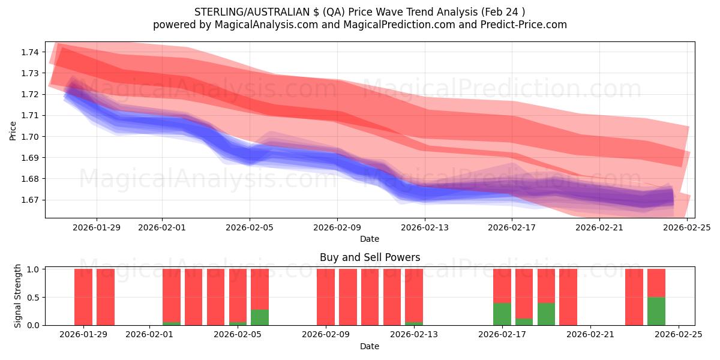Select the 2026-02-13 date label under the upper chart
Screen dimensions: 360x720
click(x=425, y=227)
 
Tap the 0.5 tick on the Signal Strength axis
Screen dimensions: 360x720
click(x=33, y=297)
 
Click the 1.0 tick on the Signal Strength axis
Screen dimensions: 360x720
click(x=33, y=269)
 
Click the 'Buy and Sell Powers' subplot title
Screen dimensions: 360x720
click(x=370, y=257)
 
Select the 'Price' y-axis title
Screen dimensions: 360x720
click(x=13, y=130)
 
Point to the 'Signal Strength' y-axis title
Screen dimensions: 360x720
click(x=18, y=296)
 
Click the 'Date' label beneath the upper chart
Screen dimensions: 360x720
click(x=370, y=239)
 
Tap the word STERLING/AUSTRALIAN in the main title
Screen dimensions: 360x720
click(x=243, y=12)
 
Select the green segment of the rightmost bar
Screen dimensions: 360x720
click(x=656, y=311)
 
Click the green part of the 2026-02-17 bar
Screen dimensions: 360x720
click(x=502, y=314)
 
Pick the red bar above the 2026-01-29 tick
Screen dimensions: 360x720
click(x=83, y=297)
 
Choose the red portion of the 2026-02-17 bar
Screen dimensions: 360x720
click(x=502, y=286)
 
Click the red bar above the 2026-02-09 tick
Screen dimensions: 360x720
click(x=326, y=297)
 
